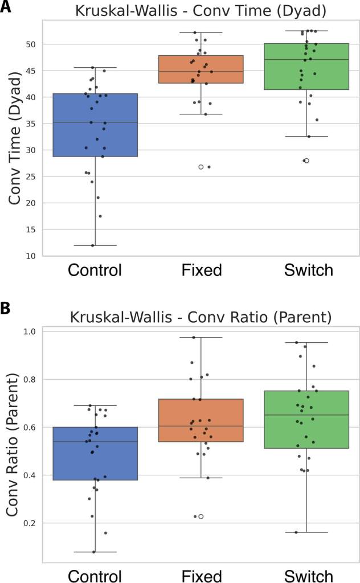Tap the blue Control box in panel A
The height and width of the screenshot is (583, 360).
[95, 125]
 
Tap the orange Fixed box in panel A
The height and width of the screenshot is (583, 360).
[201, 69]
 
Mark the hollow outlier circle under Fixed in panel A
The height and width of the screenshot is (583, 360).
[201, 167]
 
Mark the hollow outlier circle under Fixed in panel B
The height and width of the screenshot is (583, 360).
[201, 516]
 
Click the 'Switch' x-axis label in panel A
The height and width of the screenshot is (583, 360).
[308, 269]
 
